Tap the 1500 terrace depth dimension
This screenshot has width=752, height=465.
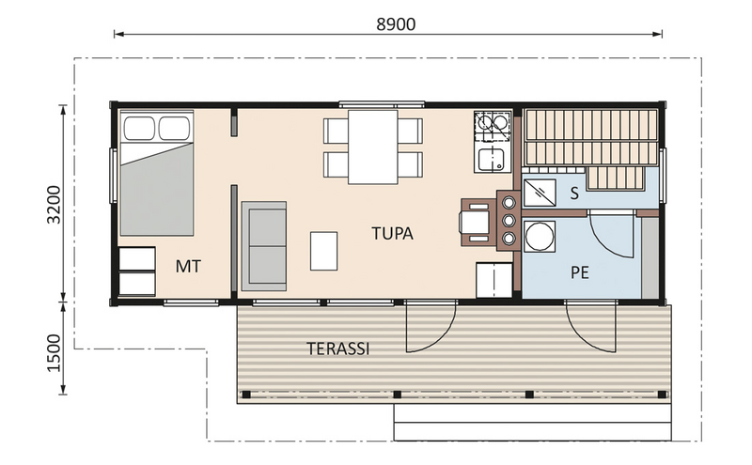55,349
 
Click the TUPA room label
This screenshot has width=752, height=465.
391,232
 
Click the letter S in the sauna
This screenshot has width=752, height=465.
573,194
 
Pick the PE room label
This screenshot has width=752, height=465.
580,271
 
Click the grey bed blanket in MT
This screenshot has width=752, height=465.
157,190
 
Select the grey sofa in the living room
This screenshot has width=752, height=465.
265,246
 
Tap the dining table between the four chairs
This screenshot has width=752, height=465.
373,147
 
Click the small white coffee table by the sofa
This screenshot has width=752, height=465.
323,251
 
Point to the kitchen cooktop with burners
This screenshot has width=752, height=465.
492,125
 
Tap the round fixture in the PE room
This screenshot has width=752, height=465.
540,237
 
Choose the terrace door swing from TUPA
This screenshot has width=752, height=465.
430,329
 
